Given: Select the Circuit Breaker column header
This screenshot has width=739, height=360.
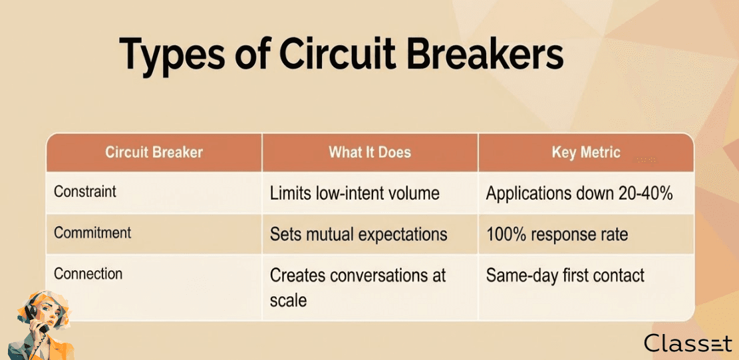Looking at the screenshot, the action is (x=154, y=152).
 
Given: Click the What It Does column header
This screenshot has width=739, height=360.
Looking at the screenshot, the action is (x=370, y=152).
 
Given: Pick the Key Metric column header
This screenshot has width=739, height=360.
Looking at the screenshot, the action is (x=586, y=152).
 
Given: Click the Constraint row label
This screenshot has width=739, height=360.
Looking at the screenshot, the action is (x=85, y=192).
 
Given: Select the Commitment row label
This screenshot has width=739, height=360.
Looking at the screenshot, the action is (x=92, y=233).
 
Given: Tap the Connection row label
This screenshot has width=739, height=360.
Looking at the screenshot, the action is (x=88, y=273).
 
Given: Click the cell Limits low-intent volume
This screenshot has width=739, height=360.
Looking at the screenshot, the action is (x=355, y=194).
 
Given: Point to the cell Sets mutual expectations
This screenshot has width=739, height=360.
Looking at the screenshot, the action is (x=358, y=235).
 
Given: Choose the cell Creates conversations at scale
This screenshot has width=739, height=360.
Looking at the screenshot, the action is (x=357, y=287).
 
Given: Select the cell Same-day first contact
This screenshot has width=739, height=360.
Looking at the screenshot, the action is (x=565, y=275).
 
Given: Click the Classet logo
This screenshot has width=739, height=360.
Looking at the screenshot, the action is (x=688, y=343).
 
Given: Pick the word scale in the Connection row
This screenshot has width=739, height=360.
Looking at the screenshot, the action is (x=289, y=301).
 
